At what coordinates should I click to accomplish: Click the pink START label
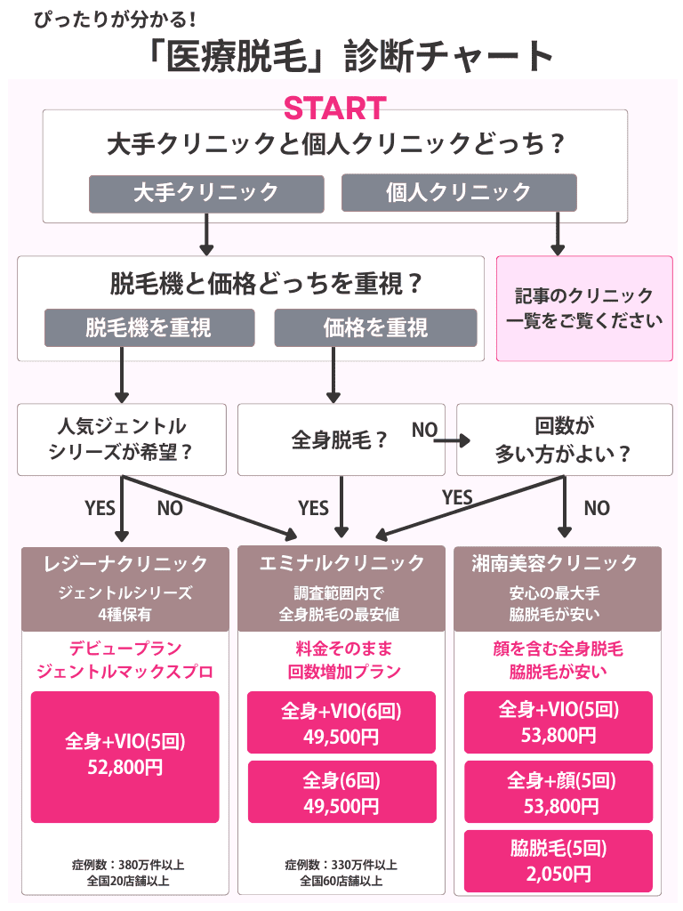(x=334, y=109)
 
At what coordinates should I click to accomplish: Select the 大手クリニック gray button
(x=205, y=192)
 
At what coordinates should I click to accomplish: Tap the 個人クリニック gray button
(x=459, y=192)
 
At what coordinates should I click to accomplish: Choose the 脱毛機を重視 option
(x=149, y=327)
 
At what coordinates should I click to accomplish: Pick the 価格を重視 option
(x=375, y=327)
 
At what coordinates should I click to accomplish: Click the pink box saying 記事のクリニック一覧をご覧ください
(x=583, y=309)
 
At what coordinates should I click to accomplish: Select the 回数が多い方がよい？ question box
(x=564, y=439)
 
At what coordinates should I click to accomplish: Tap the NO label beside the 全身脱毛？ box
(x=424, y=431)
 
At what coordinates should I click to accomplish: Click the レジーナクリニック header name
(x=125, y=563)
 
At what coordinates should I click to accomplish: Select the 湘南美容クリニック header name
(x=558, y=563)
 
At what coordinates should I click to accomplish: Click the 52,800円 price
(x=125, y=767)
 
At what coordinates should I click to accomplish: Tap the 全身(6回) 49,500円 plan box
(x=341, y=793)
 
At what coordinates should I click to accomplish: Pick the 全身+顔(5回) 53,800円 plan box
(x=558, y=793)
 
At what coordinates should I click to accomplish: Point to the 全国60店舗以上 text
(x=341, y=882)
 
